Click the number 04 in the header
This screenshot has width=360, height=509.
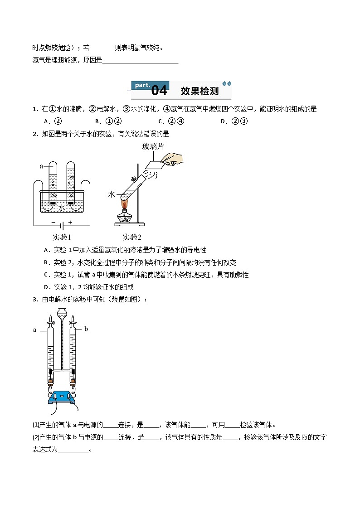[x=159, y=91]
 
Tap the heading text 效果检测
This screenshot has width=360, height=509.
[x=199, y=91]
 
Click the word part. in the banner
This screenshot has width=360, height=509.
[x=142, y=85]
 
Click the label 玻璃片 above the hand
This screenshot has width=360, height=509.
[x=153, y=146]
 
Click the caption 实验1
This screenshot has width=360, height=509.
[x=62, y=237]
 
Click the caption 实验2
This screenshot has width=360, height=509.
[x=132, y=237]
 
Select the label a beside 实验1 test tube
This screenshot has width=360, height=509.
[x=41, y=166]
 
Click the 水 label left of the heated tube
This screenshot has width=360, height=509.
[x=112, y=194]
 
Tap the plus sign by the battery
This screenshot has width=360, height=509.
[x=70, y=223]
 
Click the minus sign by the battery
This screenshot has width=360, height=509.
[x=53, y=223]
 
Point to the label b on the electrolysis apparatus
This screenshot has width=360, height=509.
[x=86, y=329]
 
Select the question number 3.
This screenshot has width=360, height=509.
[x=34, y=299]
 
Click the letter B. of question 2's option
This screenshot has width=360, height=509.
[x=46, y=262]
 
